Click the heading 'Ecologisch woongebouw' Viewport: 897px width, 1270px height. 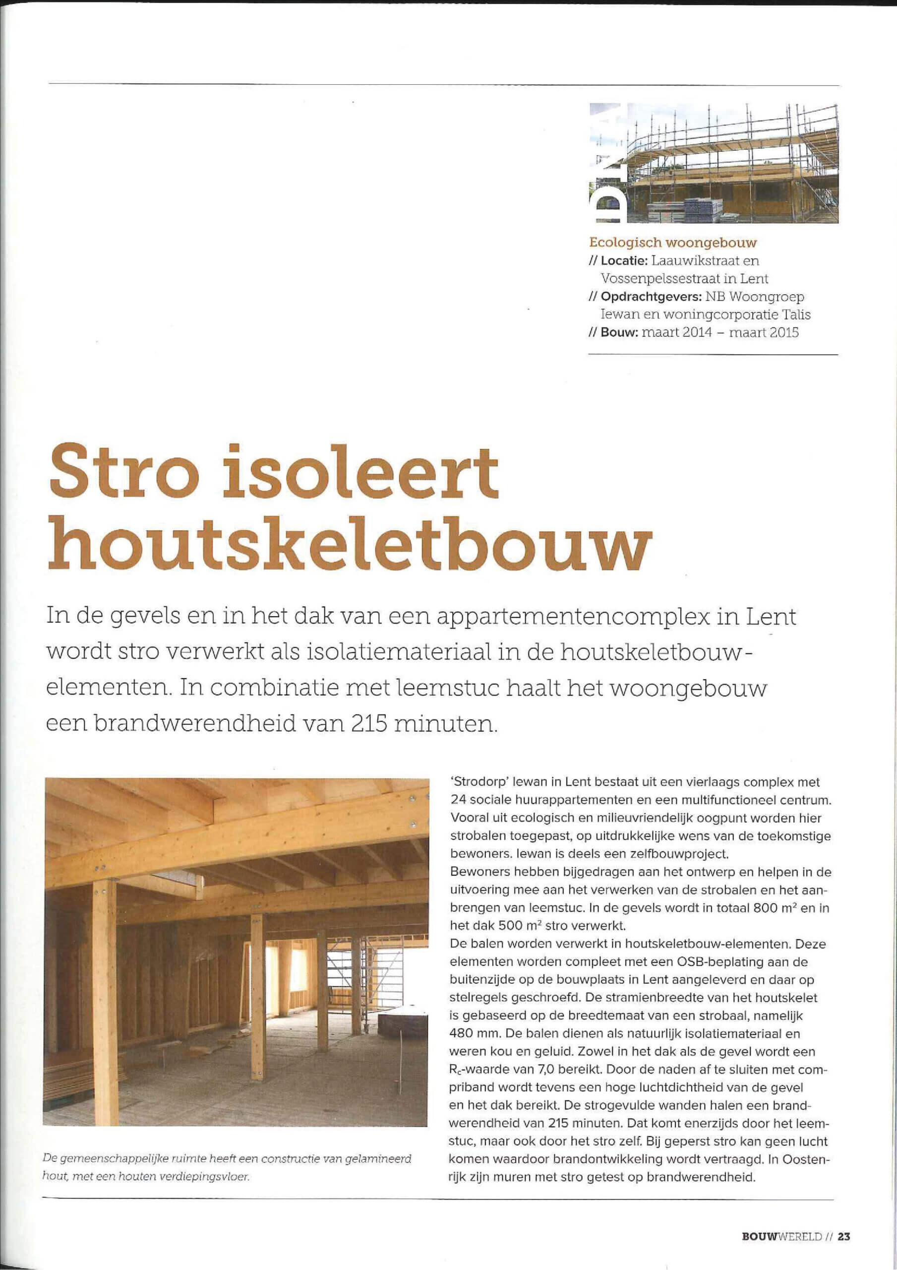tap(672, 242)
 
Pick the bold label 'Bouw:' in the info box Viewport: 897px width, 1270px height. tap(619, 332)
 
